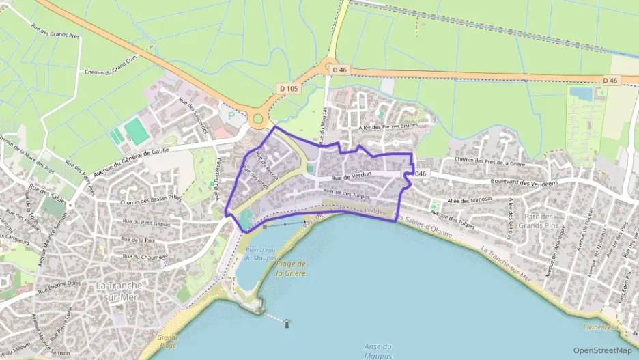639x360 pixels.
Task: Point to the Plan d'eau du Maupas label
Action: [x=259, y=254]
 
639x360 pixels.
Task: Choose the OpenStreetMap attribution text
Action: [x=602, y=350]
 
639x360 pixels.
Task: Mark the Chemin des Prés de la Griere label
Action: [x=488, y=161]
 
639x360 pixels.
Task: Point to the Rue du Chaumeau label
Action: [x=144, y=256]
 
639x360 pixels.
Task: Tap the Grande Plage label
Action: [x=168, y=340]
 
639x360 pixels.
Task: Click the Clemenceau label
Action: [x=601, y=327]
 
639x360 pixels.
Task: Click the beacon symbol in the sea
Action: [x=287, y=323]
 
